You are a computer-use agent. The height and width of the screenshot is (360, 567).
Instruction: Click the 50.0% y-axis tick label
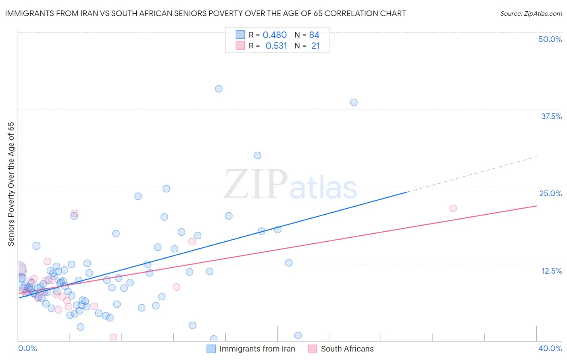[550, 39]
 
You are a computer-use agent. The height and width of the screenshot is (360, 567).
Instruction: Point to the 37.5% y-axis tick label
[551, 116]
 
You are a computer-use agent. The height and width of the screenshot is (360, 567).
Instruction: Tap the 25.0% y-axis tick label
[550, 193]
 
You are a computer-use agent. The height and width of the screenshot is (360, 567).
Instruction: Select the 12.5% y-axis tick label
[551, 271]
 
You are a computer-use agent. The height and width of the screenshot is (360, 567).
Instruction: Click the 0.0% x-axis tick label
[27, 349]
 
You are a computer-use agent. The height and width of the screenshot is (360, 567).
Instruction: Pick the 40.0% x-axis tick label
[550, 349]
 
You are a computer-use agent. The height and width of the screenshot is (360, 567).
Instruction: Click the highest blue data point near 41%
[219, 89]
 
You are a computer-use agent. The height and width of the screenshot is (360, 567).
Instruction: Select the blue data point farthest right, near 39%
[354, 103]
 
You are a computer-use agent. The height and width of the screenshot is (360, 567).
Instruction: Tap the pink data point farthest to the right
[453, 208]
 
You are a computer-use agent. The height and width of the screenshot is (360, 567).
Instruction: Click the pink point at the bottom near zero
[113, 337]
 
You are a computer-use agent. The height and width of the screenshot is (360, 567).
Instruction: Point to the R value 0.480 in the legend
[275, 35]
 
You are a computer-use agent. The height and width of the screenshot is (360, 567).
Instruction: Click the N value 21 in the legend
[315, 46]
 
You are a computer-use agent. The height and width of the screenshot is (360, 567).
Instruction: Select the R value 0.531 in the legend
[276, 46]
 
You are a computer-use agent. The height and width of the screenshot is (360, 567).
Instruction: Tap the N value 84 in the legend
[314, 35]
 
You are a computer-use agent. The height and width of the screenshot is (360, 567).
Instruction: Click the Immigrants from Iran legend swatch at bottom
[211, 349]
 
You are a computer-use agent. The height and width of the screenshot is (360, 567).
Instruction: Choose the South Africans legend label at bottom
[347, 349]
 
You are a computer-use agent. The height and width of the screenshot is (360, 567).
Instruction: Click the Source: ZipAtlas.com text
[531, 14]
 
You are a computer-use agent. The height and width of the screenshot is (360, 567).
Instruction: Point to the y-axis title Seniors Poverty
[11, 184]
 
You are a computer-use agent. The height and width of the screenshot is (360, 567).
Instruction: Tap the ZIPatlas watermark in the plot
[290, 185]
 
